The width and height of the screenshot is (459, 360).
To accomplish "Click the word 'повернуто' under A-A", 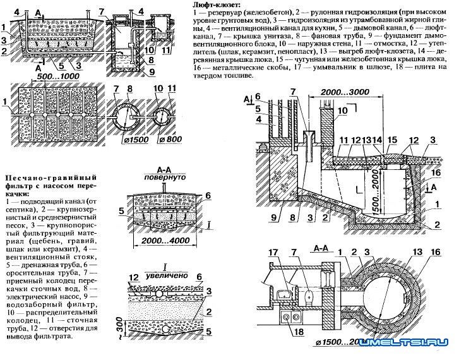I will (x=164, y=178).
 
